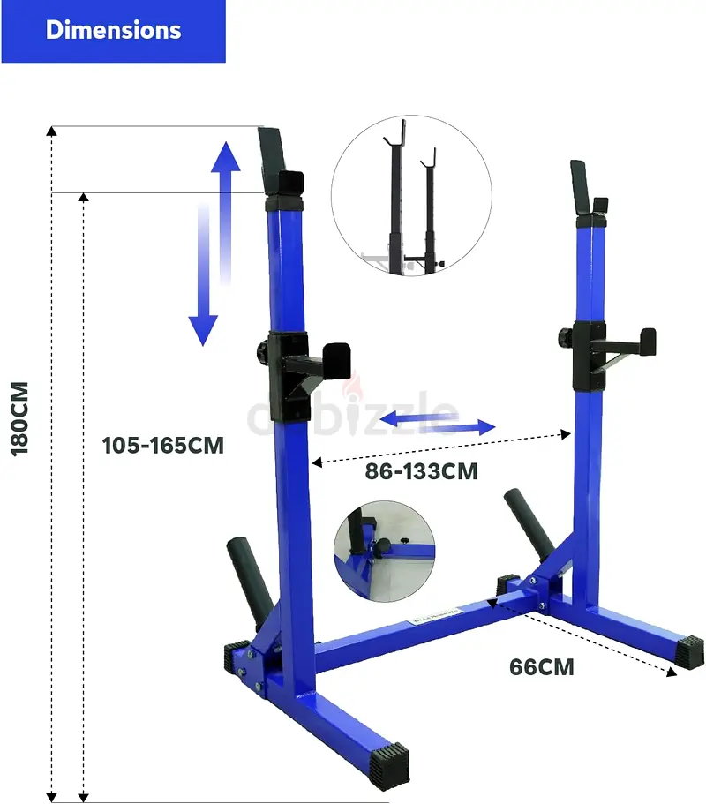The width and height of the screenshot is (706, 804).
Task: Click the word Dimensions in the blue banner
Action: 113,30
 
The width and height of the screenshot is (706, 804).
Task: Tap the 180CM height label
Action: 19,418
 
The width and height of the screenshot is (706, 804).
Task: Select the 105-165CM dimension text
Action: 163,445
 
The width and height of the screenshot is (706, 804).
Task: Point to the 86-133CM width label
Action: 422,471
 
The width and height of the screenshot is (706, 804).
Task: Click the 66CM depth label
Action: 542,667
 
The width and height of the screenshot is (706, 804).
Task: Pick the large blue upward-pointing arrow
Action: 226,213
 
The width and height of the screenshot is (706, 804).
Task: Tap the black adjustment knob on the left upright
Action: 261,352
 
